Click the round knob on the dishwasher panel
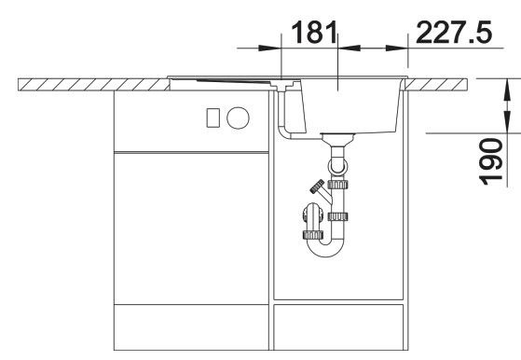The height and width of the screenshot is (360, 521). pos(240,117)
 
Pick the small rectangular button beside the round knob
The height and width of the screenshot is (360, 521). pos(213,118)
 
